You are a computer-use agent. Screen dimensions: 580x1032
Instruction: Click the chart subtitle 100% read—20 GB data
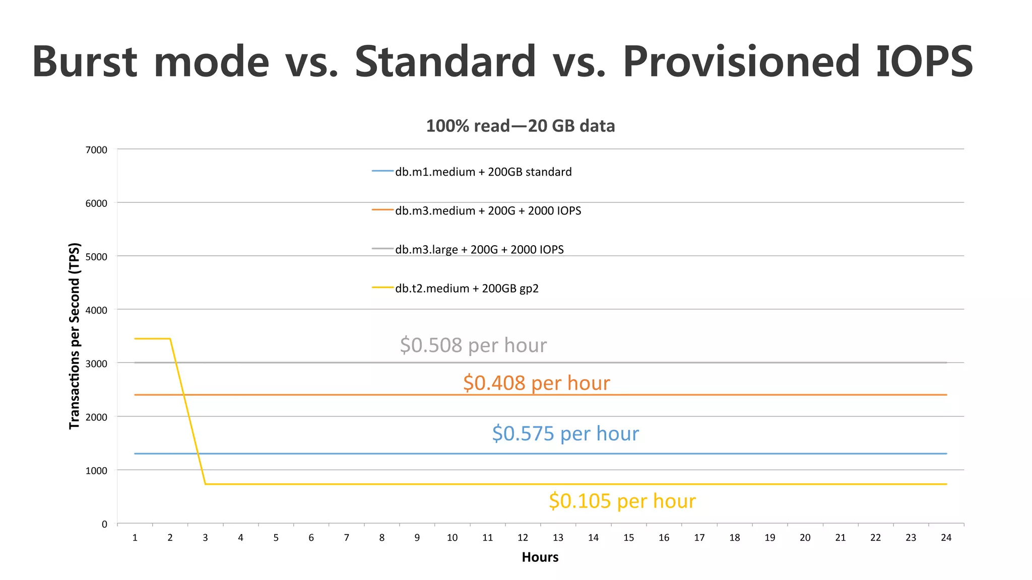coord(520,126)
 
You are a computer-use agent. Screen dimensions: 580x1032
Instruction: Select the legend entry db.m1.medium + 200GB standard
coord(483,172)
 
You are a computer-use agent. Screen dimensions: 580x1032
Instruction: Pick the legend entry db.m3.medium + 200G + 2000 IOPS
coord(487,211)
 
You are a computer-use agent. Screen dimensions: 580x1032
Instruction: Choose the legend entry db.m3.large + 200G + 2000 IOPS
coord(479,250)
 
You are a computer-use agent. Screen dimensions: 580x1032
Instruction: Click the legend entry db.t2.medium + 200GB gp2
coord(466,288)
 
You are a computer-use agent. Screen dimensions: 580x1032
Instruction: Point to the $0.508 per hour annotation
coord(473,345)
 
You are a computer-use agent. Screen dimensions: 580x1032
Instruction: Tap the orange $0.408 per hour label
coord(536,383)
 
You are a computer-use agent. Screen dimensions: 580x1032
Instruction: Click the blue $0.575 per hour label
coord(565,433)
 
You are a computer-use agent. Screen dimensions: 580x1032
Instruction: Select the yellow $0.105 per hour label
coord(622,501)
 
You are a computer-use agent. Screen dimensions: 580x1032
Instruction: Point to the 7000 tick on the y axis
coord(96,150)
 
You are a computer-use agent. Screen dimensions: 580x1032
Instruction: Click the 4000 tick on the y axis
coord(96,311)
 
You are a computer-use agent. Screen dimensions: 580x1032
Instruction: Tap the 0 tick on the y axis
coord(104,525)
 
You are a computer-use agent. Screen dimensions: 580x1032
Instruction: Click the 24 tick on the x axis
coord(946,538)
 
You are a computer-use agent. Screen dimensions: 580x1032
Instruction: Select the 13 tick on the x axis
coord(558,538)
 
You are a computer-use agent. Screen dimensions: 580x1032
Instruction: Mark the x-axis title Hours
coord(540,557)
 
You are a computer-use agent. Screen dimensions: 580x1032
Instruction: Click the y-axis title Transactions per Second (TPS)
coord(75,336)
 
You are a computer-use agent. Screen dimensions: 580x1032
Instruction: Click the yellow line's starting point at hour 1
coord(135,339)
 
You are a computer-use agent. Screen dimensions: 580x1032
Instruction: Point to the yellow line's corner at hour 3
coord(205,484)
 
